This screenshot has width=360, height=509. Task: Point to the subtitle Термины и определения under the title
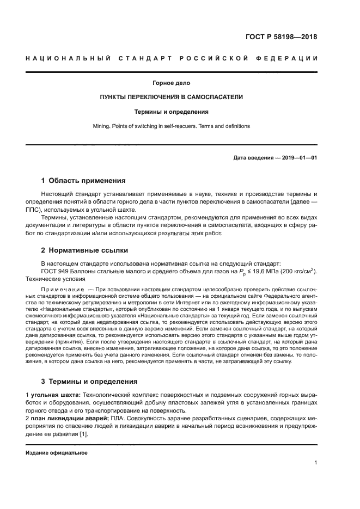(172, 112)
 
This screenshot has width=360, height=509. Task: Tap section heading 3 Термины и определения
(90, 381)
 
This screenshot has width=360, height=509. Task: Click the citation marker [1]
(83, 434)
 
